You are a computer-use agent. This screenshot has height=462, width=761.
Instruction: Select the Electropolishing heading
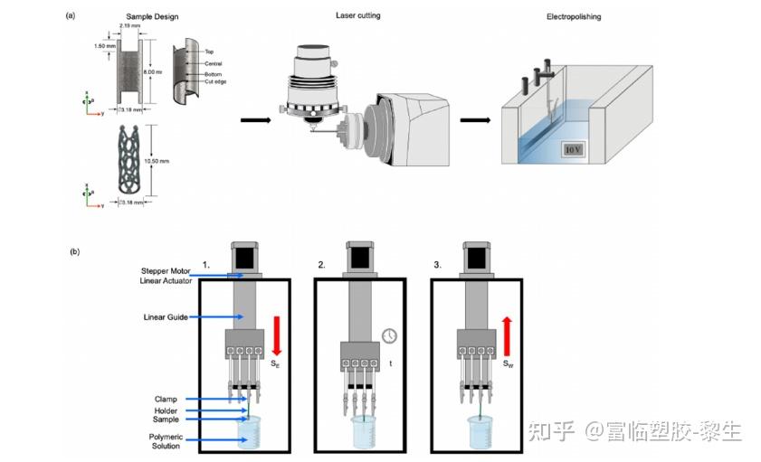click(x=574, y=17)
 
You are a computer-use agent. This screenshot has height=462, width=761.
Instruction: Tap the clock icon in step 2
click(x=388, y=335)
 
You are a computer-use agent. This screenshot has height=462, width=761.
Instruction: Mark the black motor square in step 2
click(x=362, y=259)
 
